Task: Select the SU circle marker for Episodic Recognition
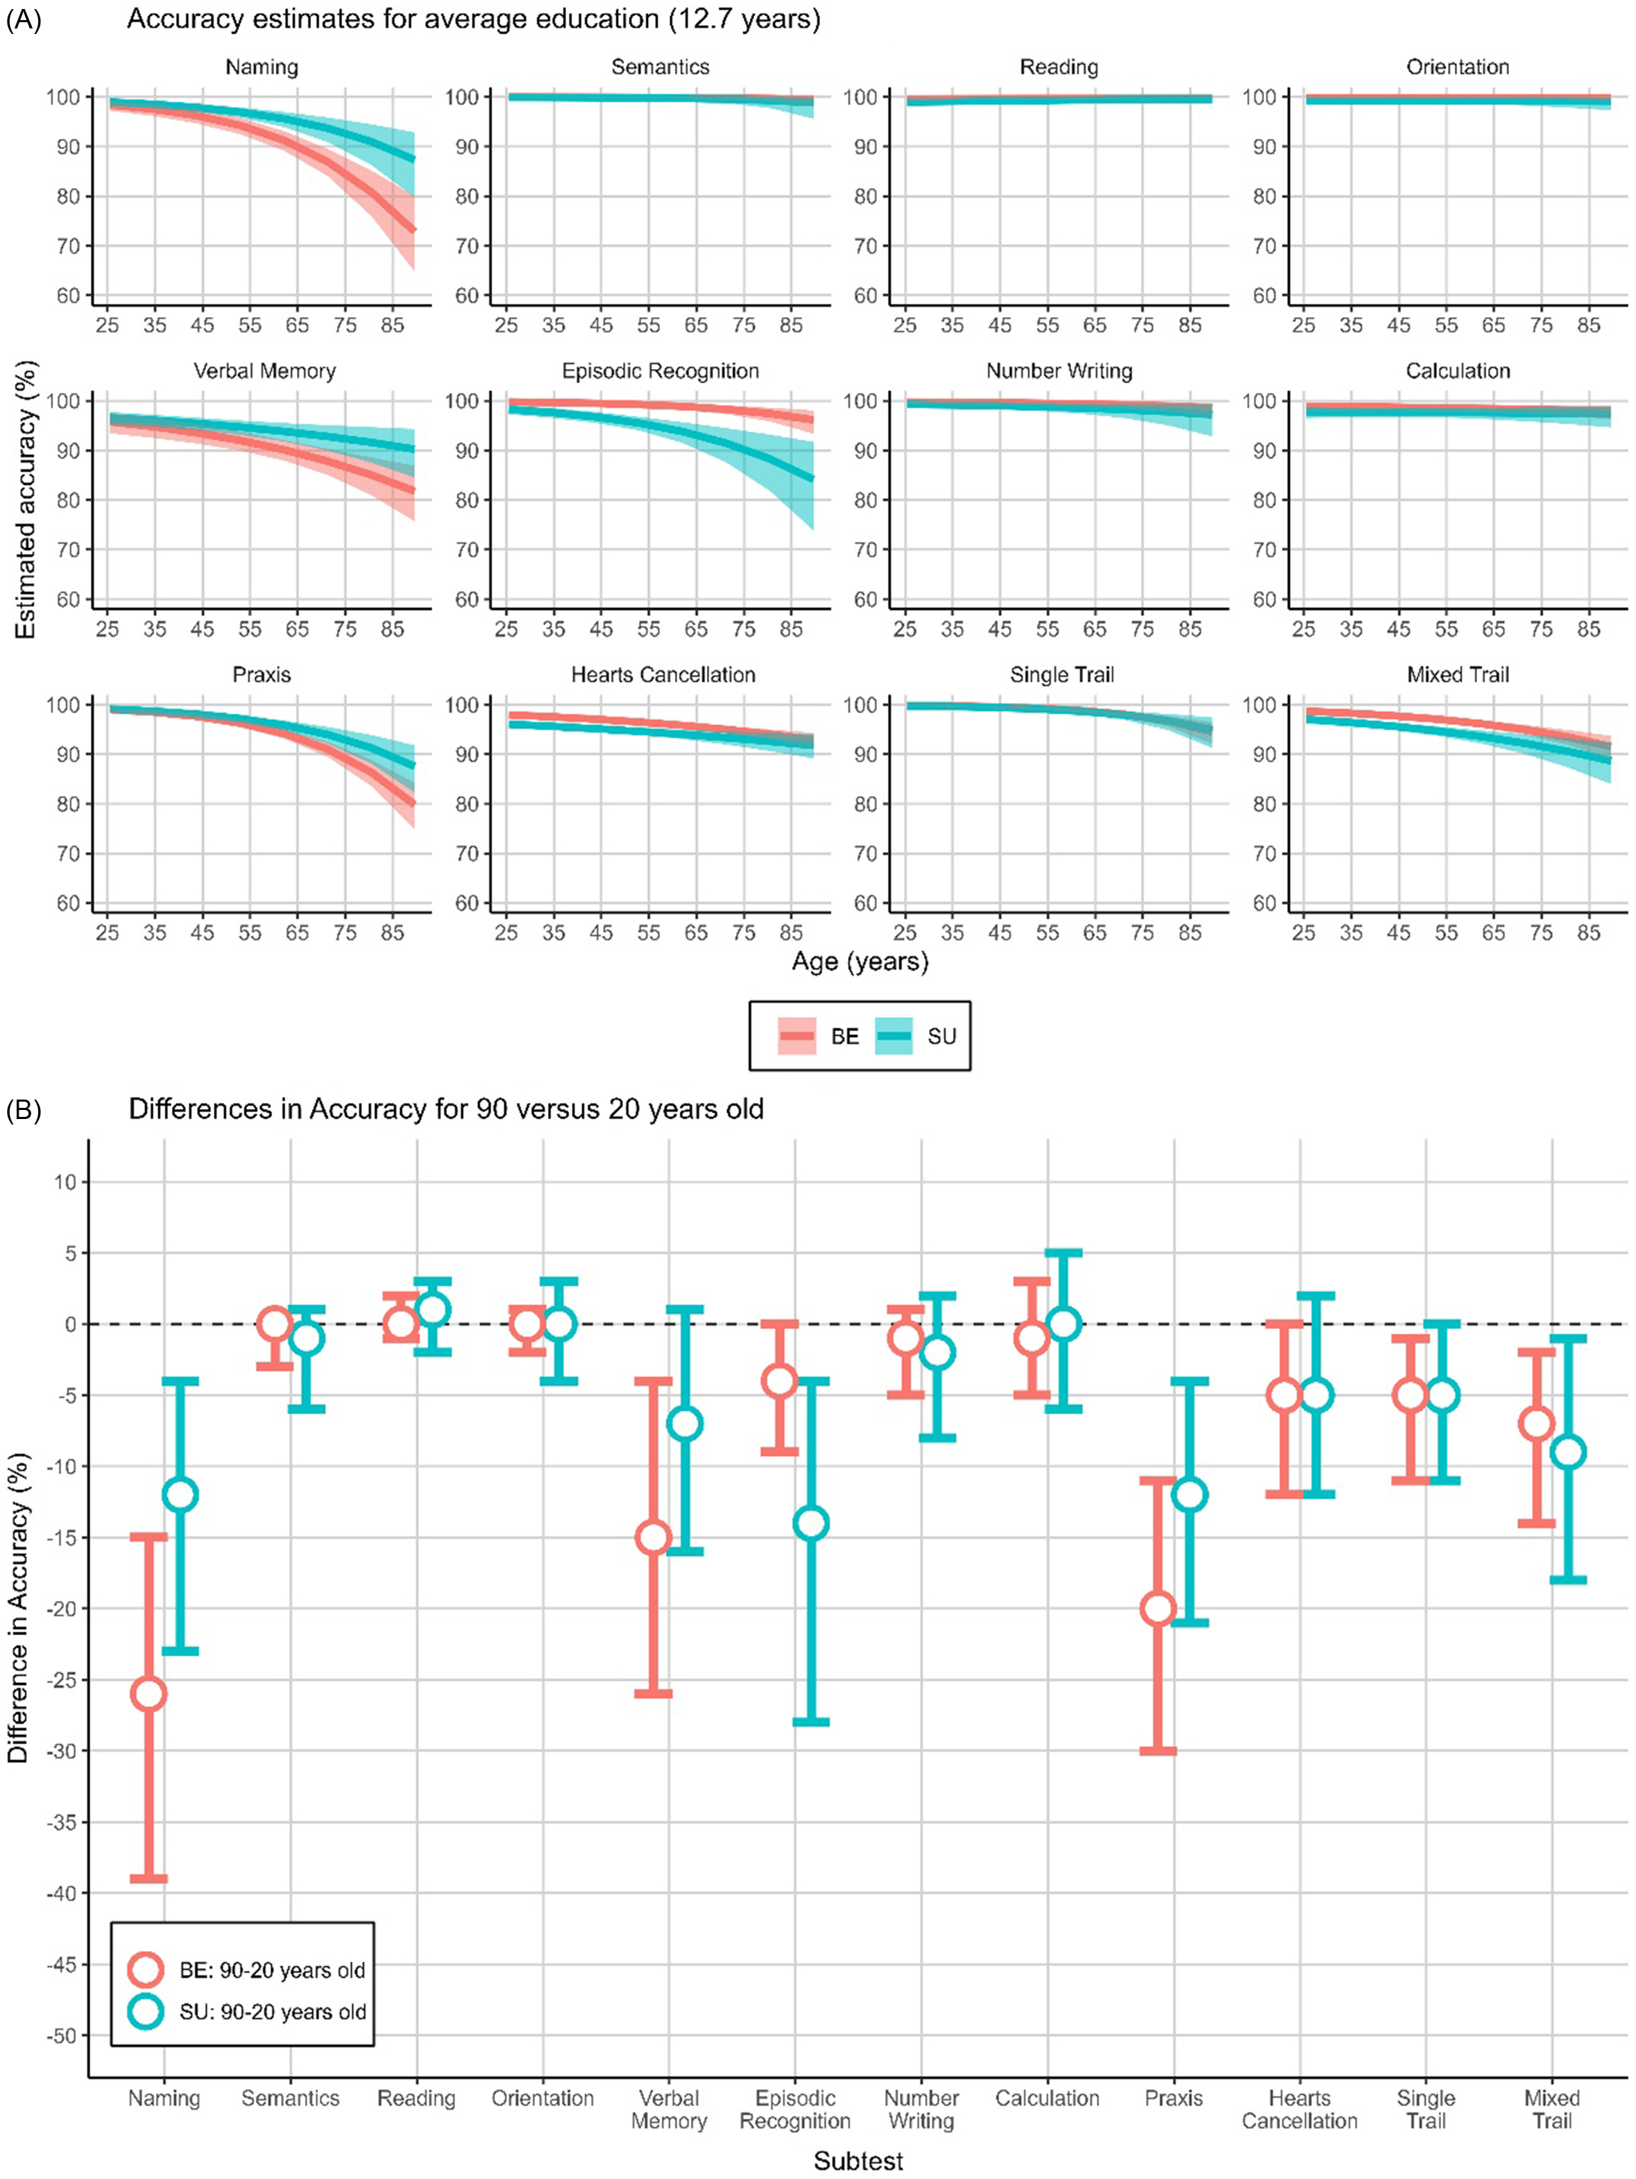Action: (810, 1523)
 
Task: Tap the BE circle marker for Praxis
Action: (1157, 1609)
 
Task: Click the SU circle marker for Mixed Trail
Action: (1567, 1452)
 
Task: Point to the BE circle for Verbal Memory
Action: (653, 1538)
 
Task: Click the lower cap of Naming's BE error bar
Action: (148, 1879)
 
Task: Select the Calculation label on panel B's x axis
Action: (1047, 2099)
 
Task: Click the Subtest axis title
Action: (858, 2161)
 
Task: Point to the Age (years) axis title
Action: (860, 962)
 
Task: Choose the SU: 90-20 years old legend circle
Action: (146, 2012)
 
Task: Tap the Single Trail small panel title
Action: (1061, 675)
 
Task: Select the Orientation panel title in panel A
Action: (1457, 67)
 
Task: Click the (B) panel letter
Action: (23, 1110)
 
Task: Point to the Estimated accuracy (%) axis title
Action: (26, 499)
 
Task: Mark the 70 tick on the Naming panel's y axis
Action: (67, 246)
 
